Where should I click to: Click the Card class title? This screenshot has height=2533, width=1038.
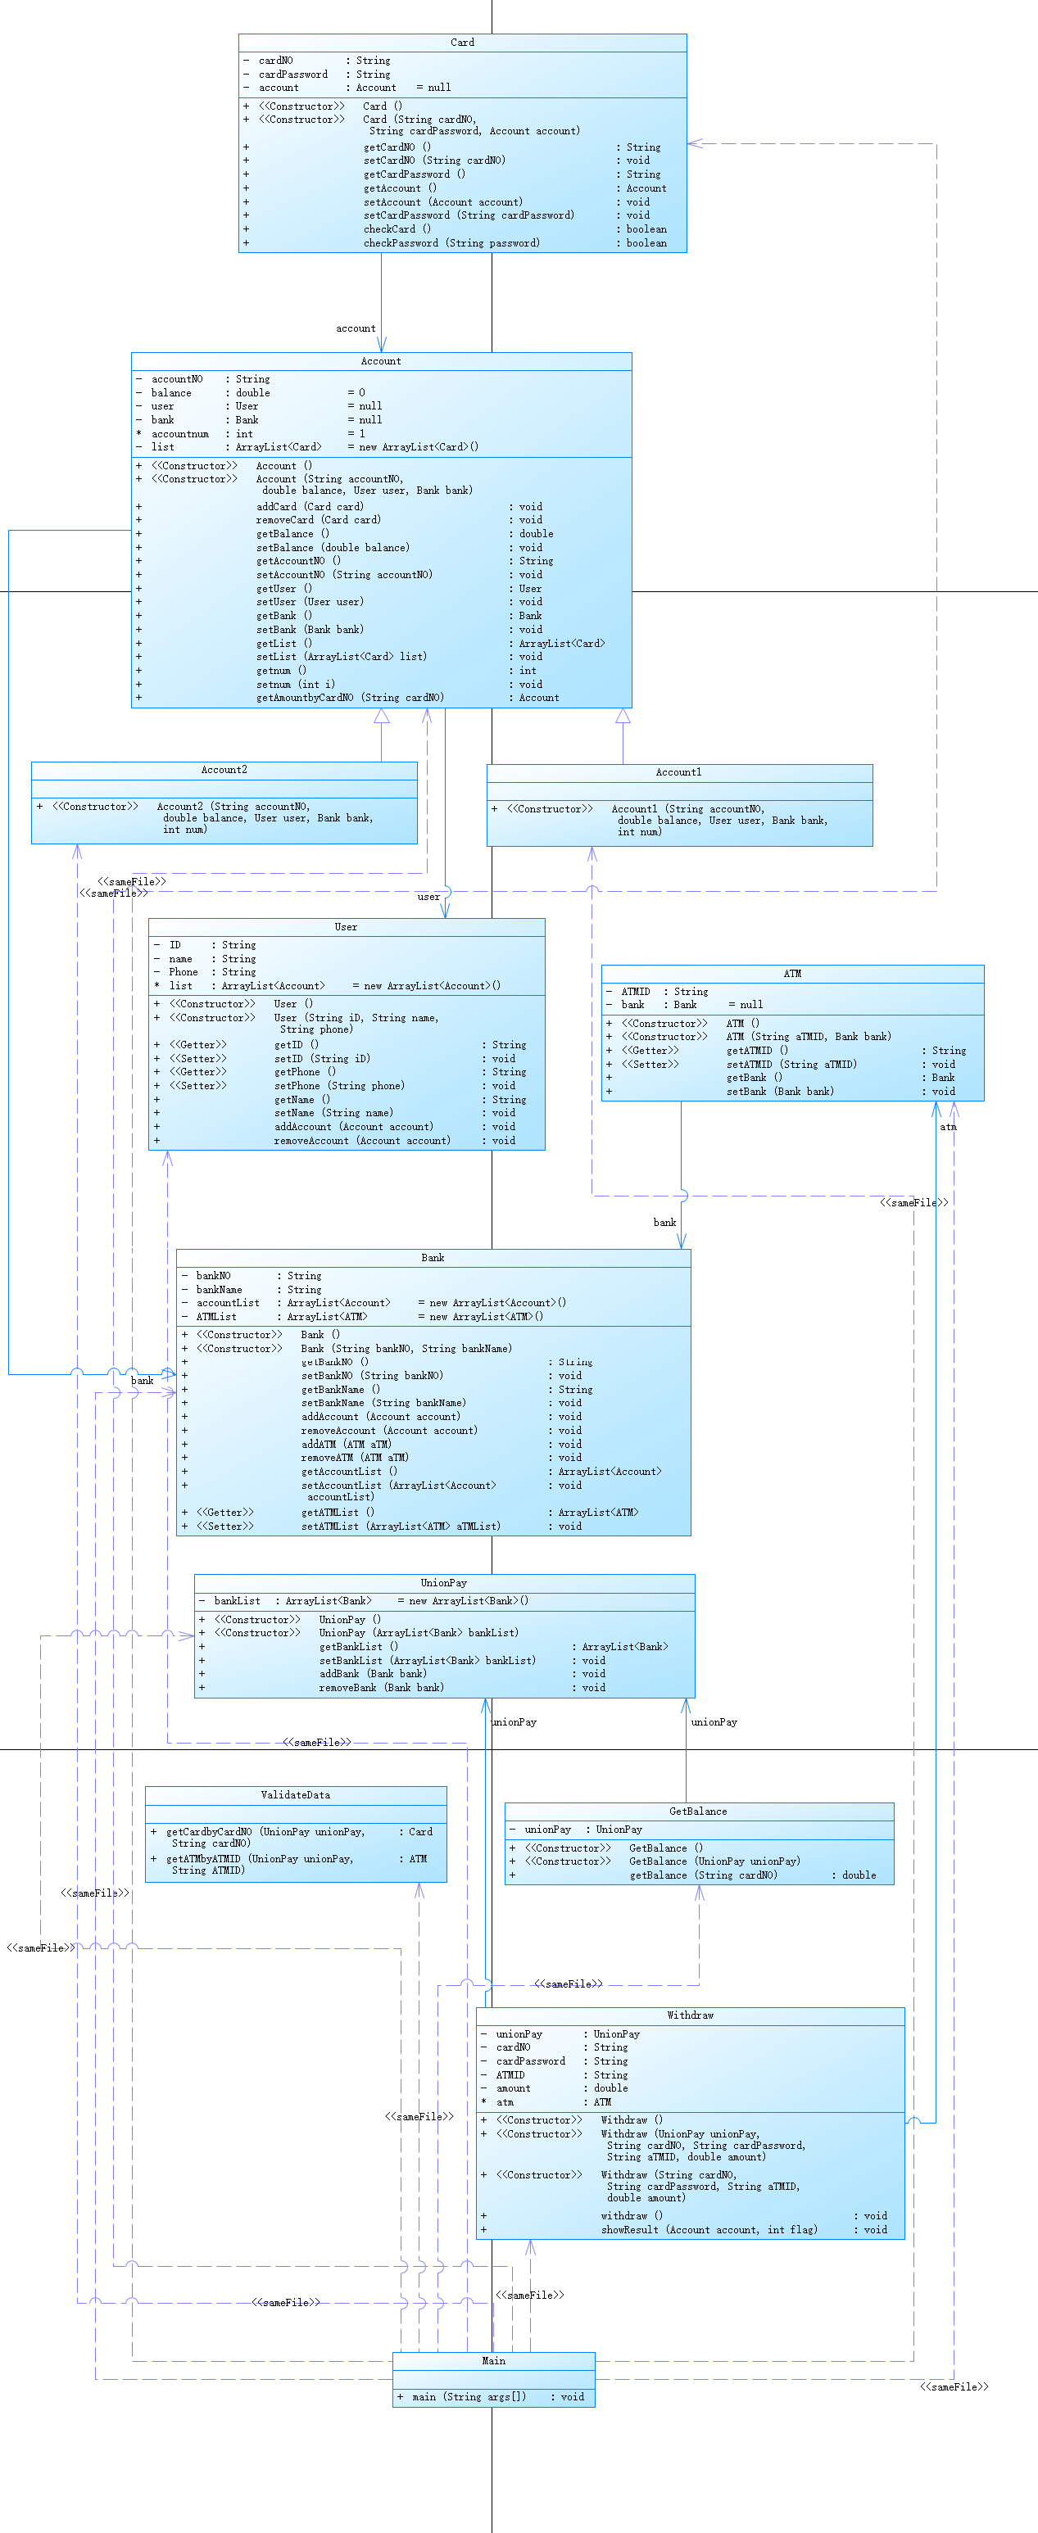tap(462, 43)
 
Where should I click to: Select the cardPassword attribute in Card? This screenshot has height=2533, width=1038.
tap(293, 74)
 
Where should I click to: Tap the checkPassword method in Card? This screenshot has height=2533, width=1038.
tap(451, 243)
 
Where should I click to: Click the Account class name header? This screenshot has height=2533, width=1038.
tap(381, 361)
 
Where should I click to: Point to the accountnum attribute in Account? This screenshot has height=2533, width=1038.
tap(180, 434)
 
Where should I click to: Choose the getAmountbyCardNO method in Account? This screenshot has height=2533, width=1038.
tap(351, 697)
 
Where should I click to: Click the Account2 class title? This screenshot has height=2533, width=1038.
tap(224, 770)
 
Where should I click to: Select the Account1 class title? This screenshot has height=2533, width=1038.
tap(679, 773)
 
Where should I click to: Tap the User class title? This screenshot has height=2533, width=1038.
tap(347, 927)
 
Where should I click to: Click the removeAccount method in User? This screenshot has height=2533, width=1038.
tap(362, 1141)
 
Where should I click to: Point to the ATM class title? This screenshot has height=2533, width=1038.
tap(792, 974)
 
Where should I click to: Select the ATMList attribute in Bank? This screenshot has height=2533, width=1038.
tap(216, 1316)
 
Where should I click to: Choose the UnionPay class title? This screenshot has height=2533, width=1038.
tap(444, 1583)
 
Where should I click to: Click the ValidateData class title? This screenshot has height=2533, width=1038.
tap(295, 1795)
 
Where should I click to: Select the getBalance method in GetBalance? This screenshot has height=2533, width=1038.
tap(704, 1875)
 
